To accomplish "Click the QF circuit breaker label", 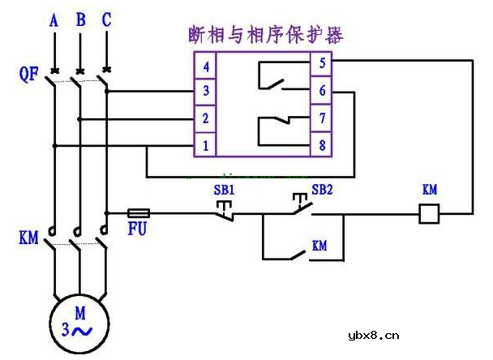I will click(29, 75).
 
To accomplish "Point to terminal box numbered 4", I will click(206, 65).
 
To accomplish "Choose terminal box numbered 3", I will click(206, 92).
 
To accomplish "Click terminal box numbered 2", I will click(206, 118).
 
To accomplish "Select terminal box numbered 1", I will click(206, 145).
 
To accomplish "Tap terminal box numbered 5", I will click(321, 63).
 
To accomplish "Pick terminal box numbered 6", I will click(321, 92).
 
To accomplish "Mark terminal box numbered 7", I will click(321, 118).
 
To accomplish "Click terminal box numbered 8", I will click(321, 145).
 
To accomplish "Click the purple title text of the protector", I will click(264, 35).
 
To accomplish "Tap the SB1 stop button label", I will click(224, 190).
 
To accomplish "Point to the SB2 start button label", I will click(323, 190).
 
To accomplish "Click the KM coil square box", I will click(428, 213).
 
